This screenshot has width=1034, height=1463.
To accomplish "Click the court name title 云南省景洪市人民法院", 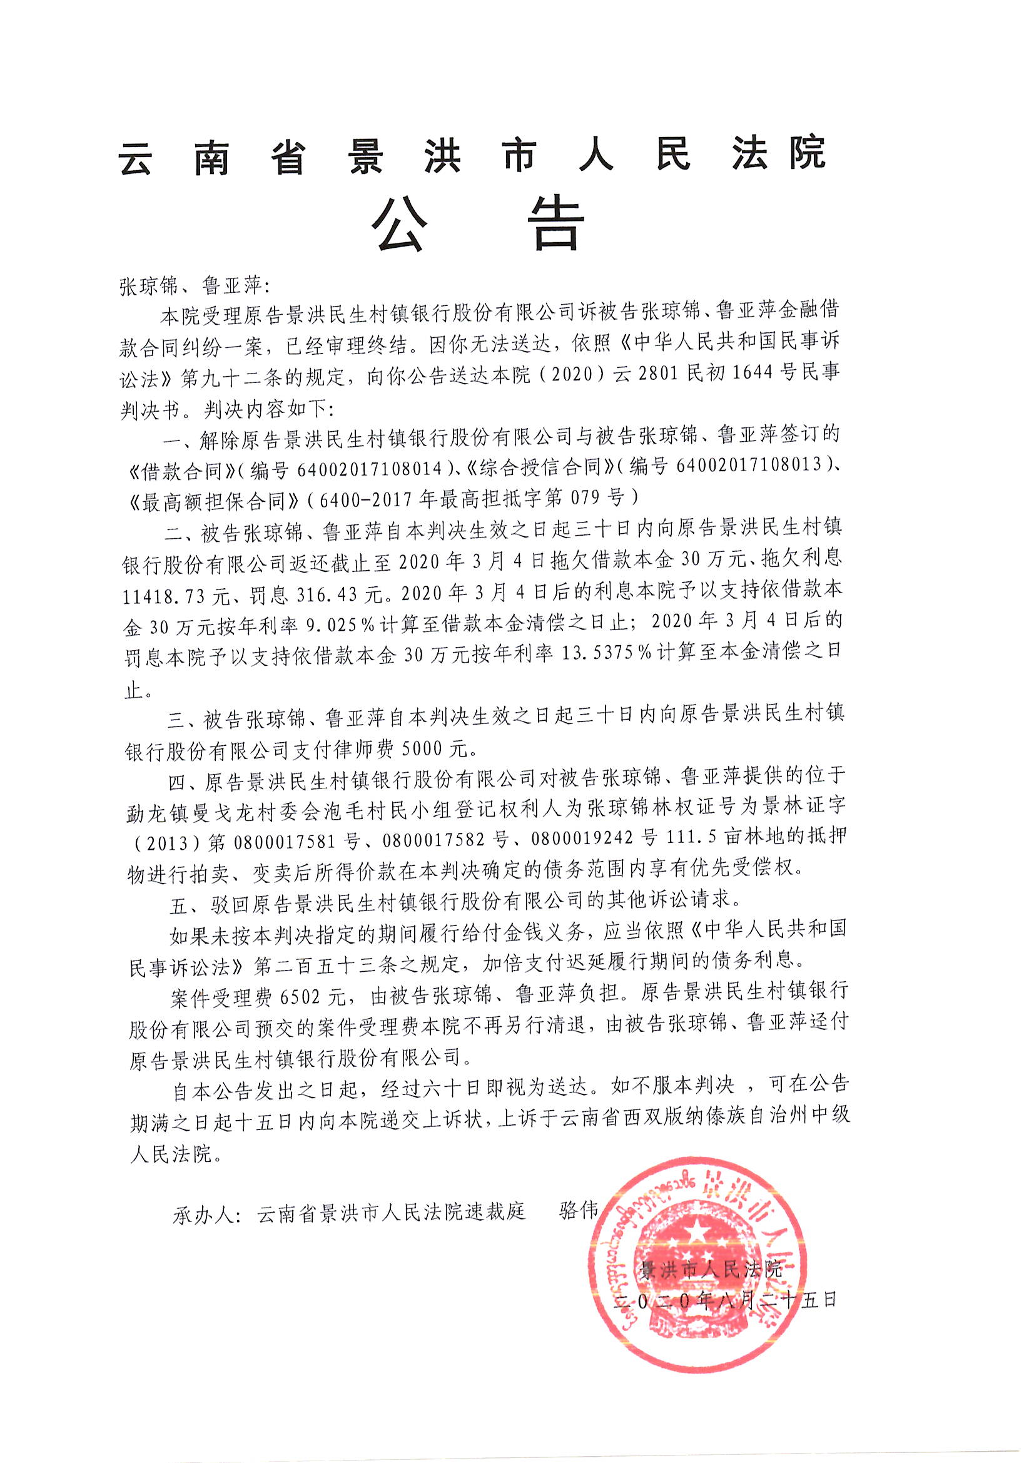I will click(472, 154).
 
